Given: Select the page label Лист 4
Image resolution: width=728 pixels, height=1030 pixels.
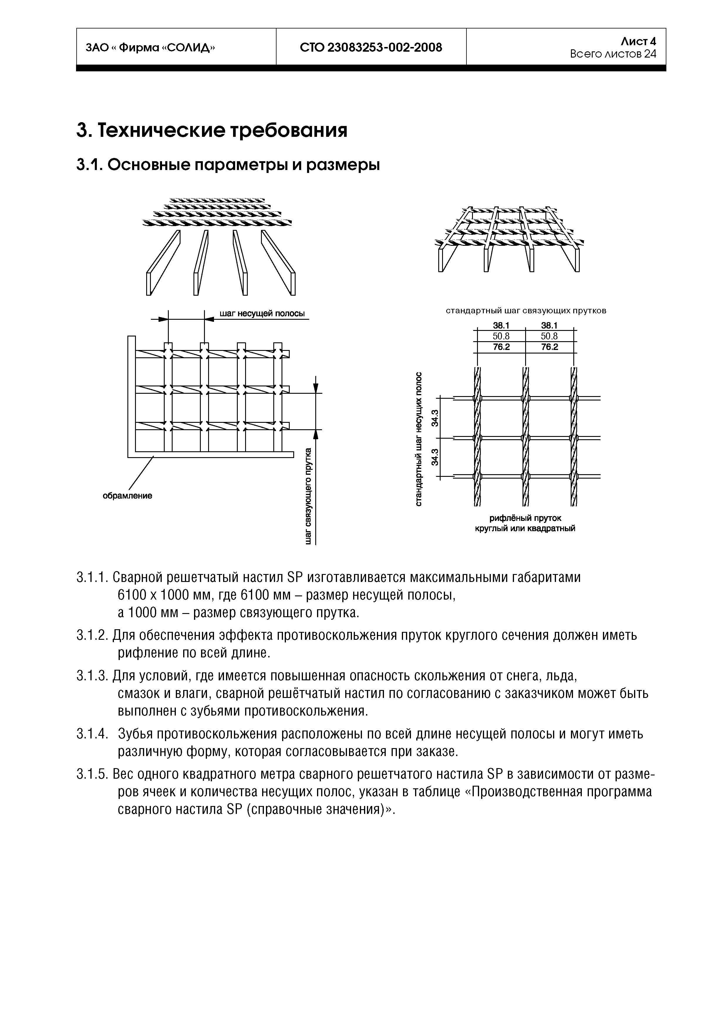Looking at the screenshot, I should (x=638, y=41).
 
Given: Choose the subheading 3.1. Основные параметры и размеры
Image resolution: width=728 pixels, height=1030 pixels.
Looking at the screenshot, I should (x=228, y=165).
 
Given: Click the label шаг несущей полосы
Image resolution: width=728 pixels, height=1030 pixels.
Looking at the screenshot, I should (x=262, y=313).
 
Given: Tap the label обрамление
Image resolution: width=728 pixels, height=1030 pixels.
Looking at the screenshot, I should (x=127, y=496).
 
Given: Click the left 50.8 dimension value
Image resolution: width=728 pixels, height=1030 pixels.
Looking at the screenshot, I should (x=501, y=336).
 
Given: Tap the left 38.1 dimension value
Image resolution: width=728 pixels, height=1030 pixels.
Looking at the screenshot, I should (x=501, y=326).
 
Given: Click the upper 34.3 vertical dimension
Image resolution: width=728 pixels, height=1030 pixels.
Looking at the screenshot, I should (x=434, y=418).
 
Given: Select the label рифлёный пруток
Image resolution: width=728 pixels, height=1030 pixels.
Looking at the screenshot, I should (x=525, y=518).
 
